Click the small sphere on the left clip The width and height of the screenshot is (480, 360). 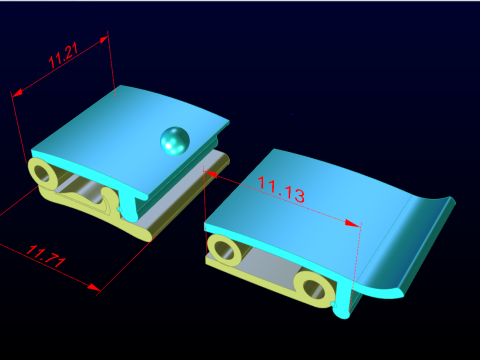click(175, 141)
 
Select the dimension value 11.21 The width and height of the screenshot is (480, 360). click(63, 56)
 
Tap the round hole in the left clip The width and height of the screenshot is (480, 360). click(43, 173)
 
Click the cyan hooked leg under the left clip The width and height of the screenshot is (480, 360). click(132, 204)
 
